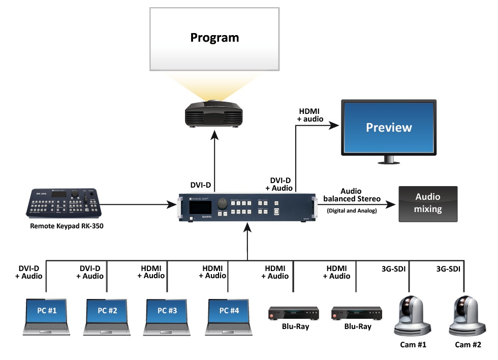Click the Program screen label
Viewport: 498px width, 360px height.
pyautogui.click(x=214, y=37)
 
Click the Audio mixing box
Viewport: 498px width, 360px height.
pyautogui.click(x=428, y=203)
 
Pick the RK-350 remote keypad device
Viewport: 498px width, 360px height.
pyautogui.click(x=65, y=203)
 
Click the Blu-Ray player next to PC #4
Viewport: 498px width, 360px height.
pyautogui.click(x=294, y=313)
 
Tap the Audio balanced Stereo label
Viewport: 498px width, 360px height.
pyautogui.click(x=352, y=195)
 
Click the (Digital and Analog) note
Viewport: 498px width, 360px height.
pyautogui.click(x=352, y=211)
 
